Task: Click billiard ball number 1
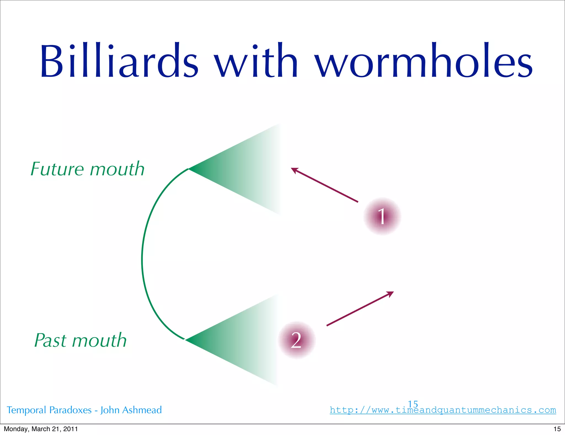382,216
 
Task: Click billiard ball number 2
297,340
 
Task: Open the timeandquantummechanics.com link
443,410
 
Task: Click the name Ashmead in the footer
142,410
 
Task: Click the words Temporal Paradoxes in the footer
49,410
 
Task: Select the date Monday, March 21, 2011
41,429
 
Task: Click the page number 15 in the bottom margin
557,429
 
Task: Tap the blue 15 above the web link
413,404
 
